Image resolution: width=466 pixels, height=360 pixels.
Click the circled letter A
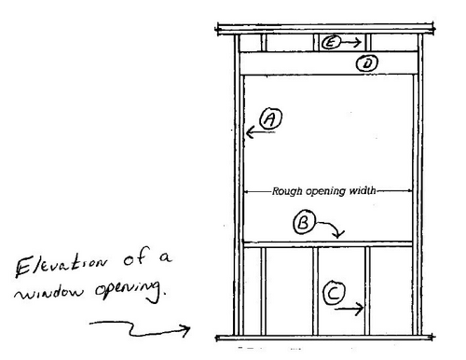pyautogui.click(x=270, y=118)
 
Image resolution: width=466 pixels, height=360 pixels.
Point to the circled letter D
pyautogui.click(x=367, y=63)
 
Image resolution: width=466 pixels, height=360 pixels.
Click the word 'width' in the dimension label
pyautogui.click(x=362, y=190)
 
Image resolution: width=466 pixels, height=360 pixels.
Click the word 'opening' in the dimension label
pyautogui.click(x=324, y=190)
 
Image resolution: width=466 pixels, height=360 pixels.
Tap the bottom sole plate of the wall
pyautogui.click(x=326, y=336)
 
